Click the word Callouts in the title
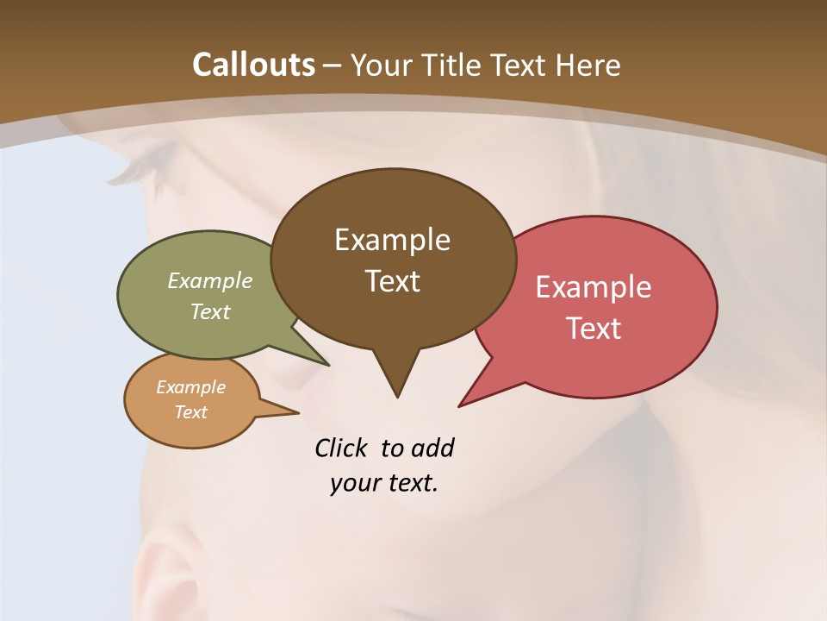(253, 65)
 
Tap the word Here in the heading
(588, 65)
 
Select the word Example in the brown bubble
(392, 240)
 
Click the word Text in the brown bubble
(392, 281)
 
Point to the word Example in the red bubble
(594, 287)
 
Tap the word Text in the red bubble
(594, 329)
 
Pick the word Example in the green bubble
(210, 280)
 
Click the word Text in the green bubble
(210, 311)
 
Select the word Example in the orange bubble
(190, 387)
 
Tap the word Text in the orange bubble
(190, 412)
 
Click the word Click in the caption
(342, 448)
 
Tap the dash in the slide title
(333, 66)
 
